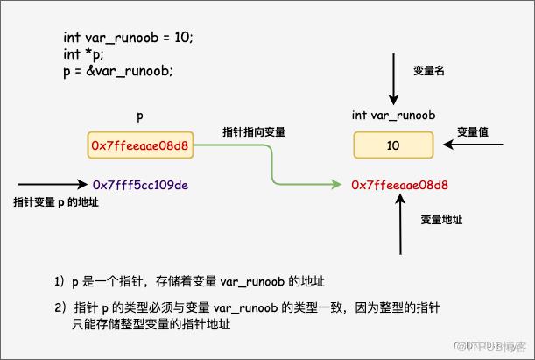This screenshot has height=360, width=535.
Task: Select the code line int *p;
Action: point(83,54)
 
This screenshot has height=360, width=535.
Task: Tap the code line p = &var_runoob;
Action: point(117,71)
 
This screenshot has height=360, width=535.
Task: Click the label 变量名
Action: point(429,70)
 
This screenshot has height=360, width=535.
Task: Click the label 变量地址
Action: point(441,218)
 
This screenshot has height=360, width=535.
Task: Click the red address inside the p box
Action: point(140,146)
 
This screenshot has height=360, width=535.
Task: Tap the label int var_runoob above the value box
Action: point(394,115)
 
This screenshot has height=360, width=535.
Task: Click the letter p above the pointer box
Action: point(140,116)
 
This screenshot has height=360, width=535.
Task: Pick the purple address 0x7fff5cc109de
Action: point(144,185)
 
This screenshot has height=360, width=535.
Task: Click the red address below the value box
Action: point(399,185)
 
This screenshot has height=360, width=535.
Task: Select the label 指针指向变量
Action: point(254,131)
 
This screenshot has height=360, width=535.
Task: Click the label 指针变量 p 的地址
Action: point(56,202)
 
